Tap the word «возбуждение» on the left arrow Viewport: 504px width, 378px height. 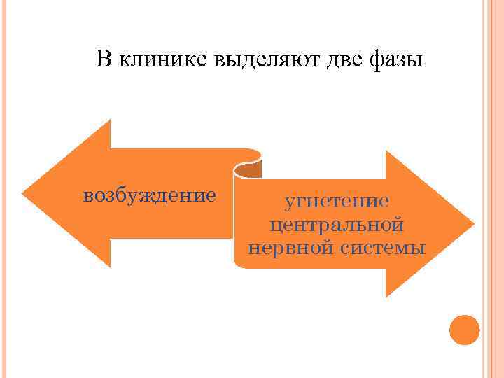149,194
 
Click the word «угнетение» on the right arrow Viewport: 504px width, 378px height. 336,202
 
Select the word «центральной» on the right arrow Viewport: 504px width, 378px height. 336,225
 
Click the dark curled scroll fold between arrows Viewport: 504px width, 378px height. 247,169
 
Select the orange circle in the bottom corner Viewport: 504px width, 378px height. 464,329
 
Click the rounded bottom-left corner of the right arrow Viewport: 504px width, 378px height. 239,264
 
